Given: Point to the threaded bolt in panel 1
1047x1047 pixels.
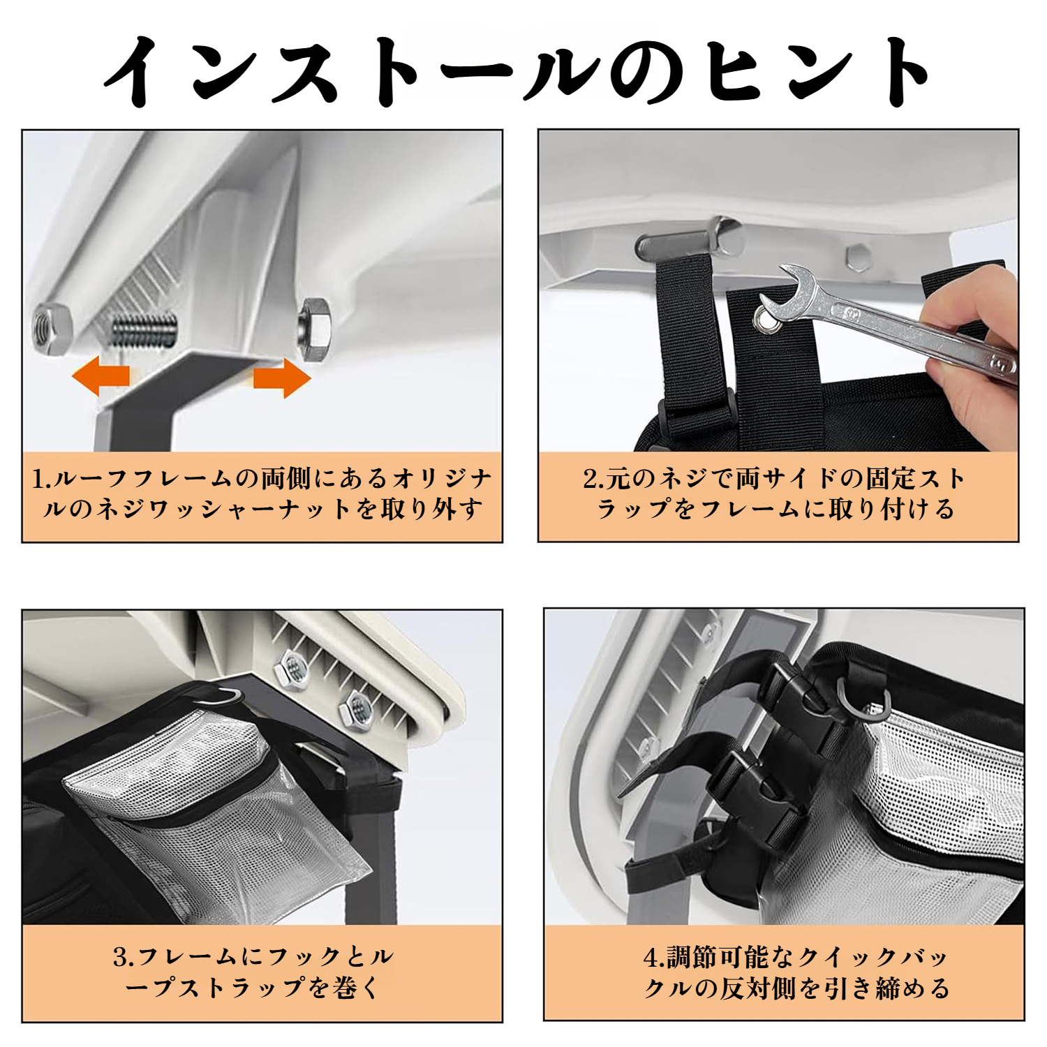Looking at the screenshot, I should (145, 328).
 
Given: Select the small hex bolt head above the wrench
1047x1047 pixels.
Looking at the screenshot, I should (858, 258).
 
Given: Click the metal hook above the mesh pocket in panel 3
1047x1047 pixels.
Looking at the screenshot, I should (222, 696).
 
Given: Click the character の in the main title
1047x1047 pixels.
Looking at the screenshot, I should (646, 73).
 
